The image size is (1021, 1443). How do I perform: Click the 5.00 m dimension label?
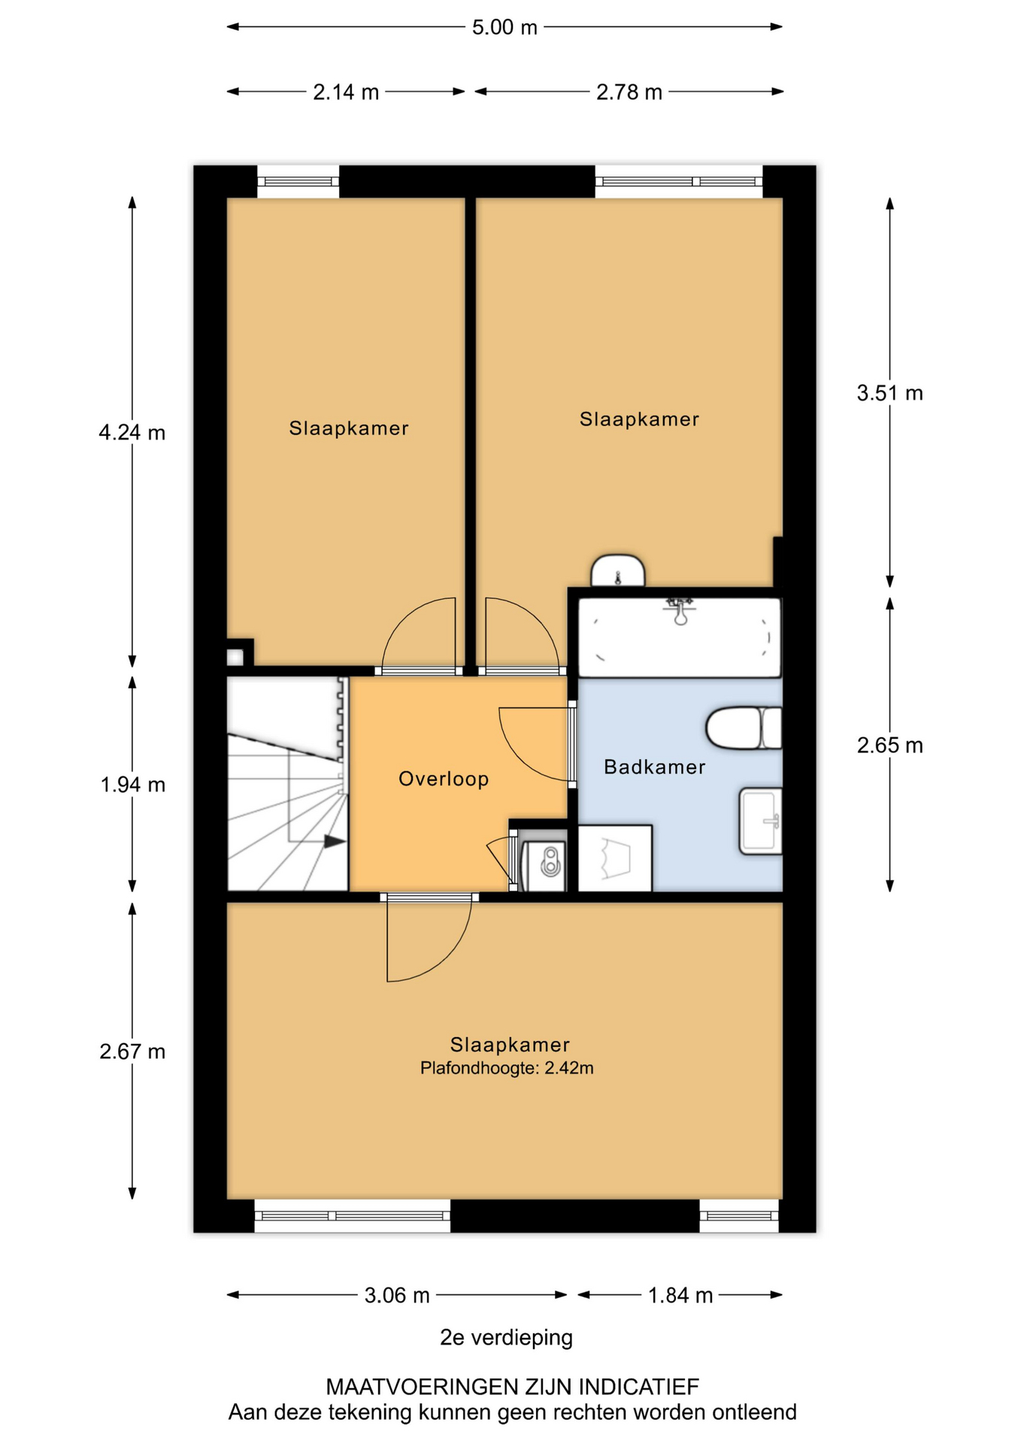click(x=504, y=28)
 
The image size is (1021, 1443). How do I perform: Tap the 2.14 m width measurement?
click(x=346, y=92)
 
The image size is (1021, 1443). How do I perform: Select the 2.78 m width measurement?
click(x=629, y=92)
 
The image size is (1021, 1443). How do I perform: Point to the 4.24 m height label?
click(x=132, y=433)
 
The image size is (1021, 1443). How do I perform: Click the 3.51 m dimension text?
click(x=890, y=393)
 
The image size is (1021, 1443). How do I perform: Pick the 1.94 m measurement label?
click(x=133, y=785)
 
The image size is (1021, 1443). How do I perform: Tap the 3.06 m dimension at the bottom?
click(x=397, y=1295)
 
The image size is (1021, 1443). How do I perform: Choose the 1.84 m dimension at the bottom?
click(x=680, y=1295)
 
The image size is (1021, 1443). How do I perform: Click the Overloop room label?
click(x=444, y=779)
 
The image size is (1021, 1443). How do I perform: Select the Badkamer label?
click(x=655, y=767)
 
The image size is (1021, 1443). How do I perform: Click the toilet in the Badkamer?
click(x=744, y=728)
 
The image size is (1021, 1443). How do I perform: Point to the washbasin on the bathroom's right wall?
click(x=761, y=821)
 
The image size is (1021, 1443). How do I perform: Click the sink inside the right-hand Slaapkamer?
click(x=618, y=571)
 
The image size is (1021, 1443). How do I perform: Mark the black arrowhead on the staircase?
click(x=335, y=842)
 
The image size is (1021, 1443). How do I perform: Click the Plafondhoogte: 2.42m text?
click(x=507, y=1068)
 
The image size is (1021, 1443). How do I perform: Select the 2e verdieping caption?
click(x=506, y=1338)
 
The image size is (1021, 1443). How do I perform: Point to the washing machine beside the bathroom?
click(x=615, y=858)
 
